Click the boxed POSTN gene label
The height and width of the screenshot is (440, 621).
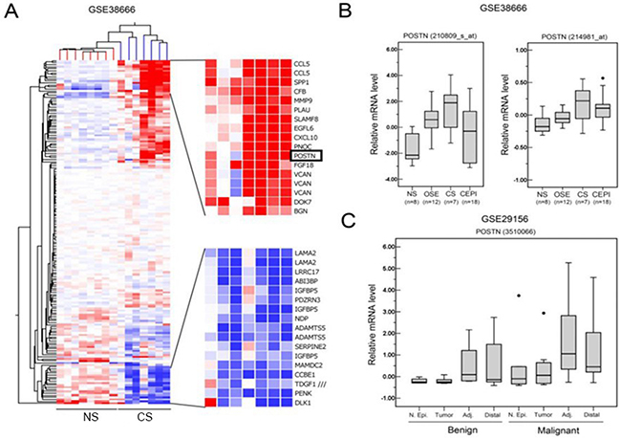pyautogui.click(x=307, y=155)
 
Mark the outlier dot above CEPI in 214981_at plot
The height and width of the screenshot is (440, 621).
pyautogui.click(x=601, y=77)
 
